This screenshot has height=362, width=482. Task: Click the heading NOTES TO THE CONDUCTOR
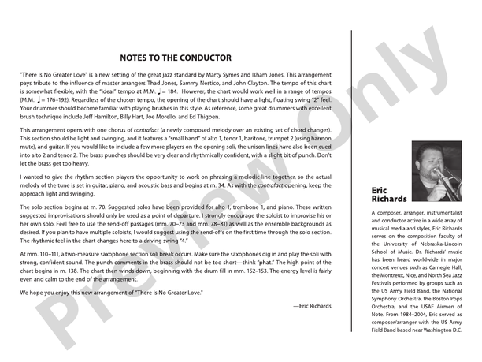point(176,58)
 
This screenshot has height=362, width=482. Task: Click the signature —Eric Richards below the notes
point(311,304)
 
